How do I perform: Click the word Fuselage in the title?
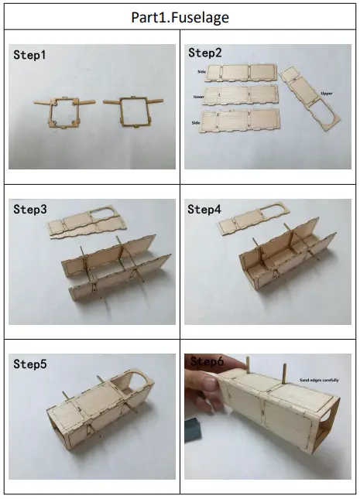tap(201, 16)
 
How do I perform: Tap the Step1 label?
tap(30, 56)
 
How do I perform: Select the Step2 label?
tap(204, 53)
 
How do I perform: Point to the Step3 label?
tap(30, 210)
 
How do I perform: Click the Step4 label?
tap(204, 210)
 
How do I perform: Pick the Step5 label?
tap(30, 364)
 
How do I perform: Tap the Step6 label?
tap(206, 361)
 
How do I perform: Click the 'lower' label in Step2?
tap(199, 97)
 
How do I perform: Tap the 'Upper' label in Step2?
tap(327, 93)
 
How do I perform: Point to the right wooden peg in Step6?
tap(284, 371)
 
